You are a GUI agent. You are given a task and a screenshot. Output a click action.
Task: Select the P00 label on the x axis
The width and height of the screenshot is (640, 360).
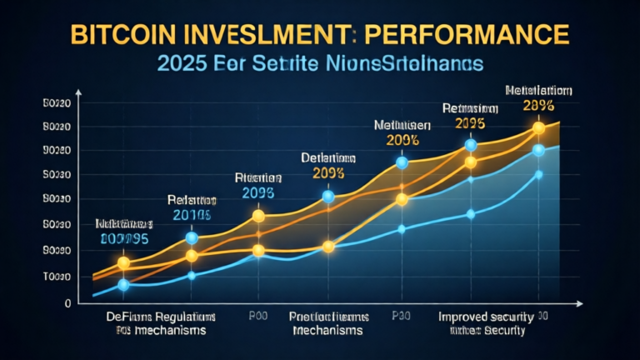coord(257,317)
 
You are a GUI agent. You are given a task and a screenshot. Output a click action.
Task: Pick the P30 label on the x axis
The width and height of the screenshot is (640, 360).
coord(402,317)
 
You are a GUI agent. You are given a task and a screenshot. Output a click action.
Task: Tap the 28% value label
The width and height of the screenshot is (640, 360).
coord(539,106)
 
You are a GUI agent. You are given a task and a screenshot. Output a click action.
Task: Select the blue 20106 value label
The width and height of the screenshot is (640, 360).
coord(192,215)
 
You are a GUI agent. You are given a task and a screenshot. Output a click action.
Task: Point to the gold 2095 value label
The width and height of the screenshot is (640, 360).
coord(470,122)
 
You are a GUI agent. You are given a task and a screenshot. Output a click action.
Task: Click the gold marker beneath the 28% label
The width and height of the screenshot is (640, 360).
coord(538,127)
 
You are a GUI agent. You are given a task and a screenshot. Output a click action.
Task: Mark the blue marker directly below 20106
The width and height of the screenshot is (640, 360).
coord(192,237)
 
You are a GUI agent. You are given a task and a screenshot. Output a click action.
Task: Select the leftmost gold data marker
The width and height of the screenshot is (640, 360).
coord(123,263)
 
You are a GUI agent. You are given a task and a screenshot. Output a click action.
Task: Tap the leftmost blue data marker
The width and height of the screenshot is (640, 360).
coord(123,285)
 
